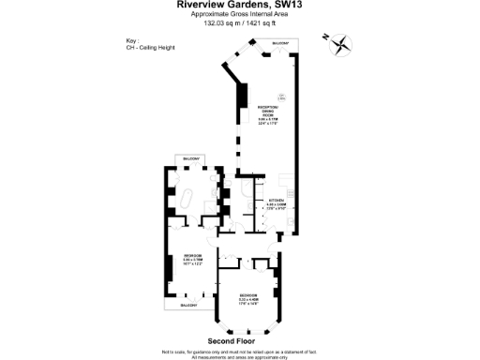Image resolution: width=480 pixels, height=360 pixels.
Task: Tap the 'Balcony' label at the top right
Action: [x=280, y=44]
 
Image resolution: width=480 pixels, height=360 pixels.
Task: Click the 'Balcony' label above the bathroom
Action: [x=191, y=159]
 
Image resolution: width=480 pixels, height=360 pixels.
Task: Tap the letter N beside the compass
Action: [x=324, y=37]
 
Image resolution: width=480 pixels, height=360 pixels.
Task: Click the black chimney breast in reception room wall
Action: [x=243, y=96]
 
